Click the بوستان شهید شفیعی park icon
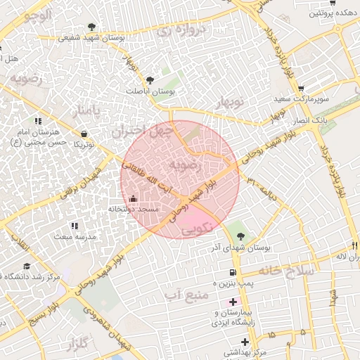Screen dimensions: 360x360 pyautogui.click(x=92, y=27)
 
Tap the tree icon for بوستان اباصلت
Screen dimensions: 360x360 pyautogui.click(x=151, y=80)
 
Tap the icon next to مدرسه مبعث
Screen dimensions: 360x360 pyautogui.click(x=75, y=226)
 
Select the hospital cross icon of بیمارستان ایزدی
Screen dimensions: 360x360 pyautogui.click(x=233, y=302)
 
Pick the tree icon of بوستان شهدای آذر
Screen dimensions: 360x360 pyautogui.click(x=241, y=236)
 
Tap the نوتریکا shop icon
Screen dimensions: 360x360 pyautogui.click(x=84, y=134)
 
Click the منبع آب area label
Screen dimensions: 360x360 pyautogui.click(x=184, y=294)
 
